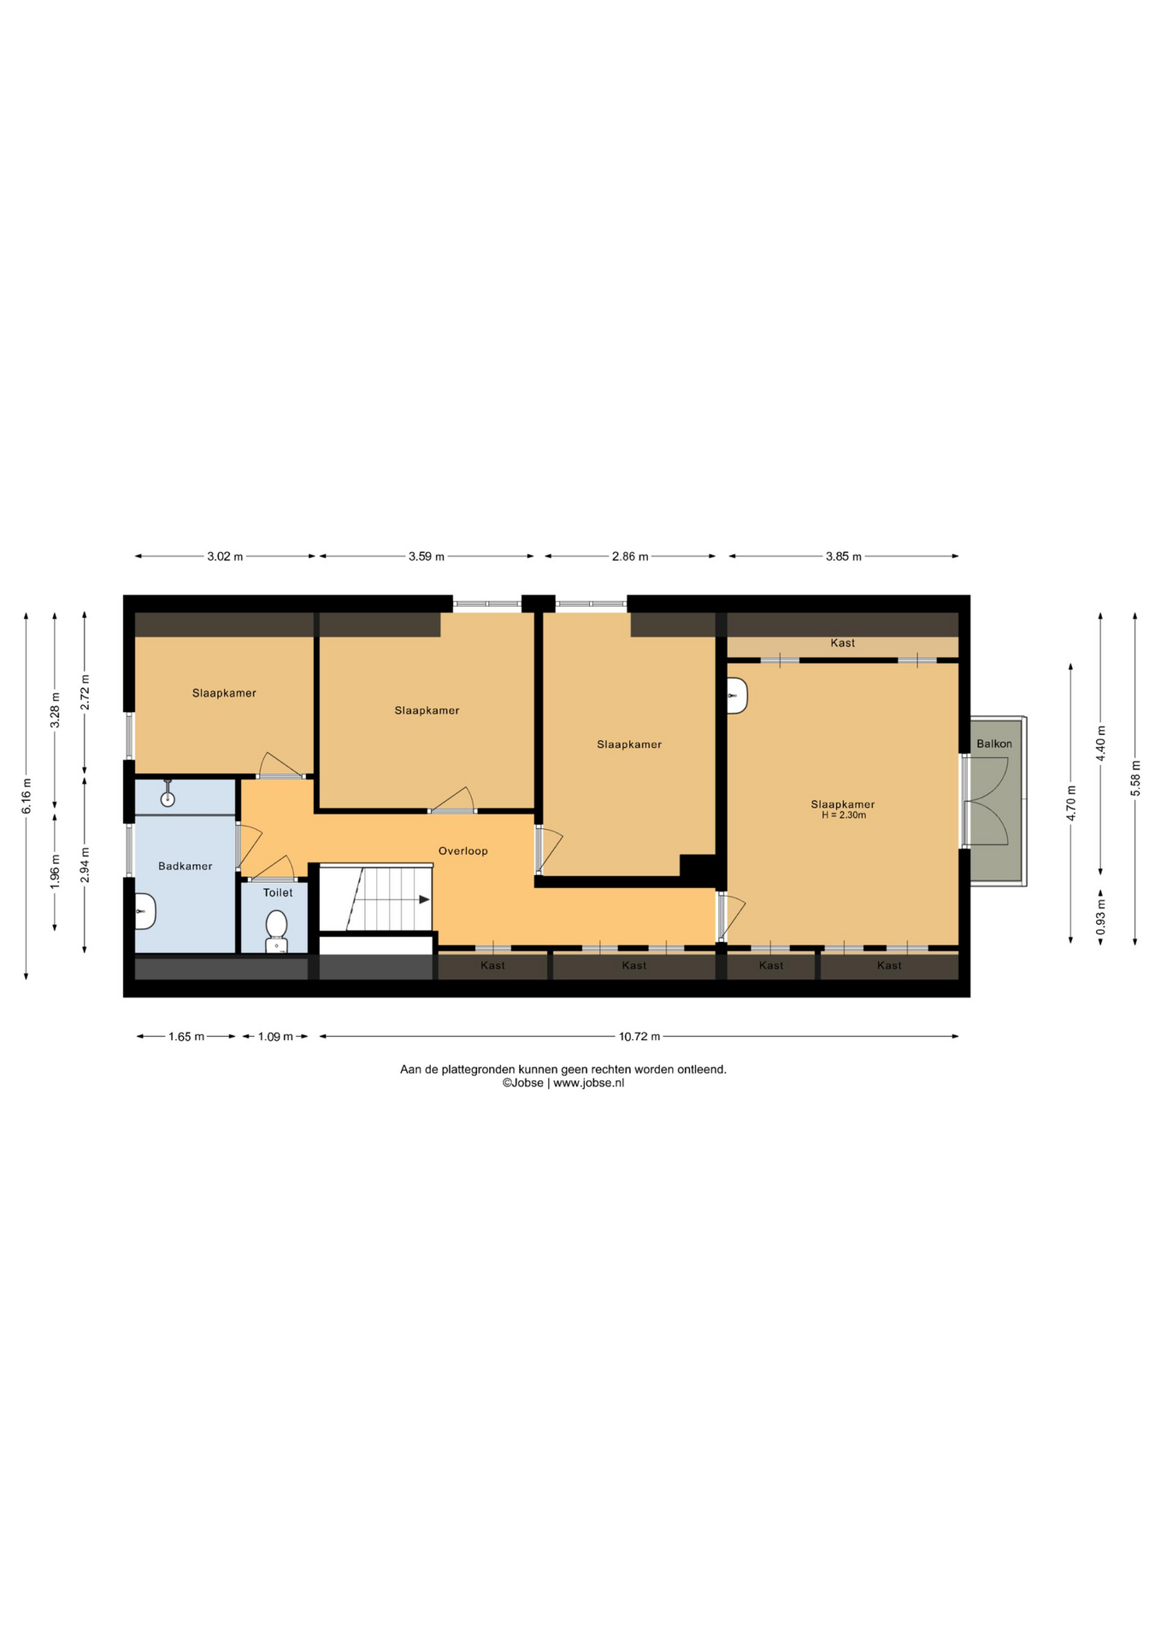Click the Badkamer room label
click(186, 866)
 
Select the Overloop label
click(463, 850)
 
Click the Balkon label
click(994, 744)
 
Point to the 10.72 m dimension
click(639, 1037)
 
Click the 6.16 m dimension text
click(27, 796)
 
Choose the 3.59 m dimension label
click(427, 556)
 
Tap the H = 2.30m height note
click(844, 815)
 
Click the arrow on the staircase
click(424, 899)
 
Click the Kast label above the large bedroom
click(842, 643)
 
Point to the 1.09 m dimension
click(275, 1037)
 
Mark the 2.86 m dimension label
click(630, 556)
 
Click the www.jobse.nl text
click(588, 1083)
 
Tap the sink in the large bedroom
click(737, 696)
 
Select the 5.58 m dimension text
click(1135, 779)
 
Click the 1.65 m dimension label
click(186, 1037)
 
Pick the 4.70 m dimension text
click(1071, 803)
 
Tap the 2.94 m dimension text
click(85, 864)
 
